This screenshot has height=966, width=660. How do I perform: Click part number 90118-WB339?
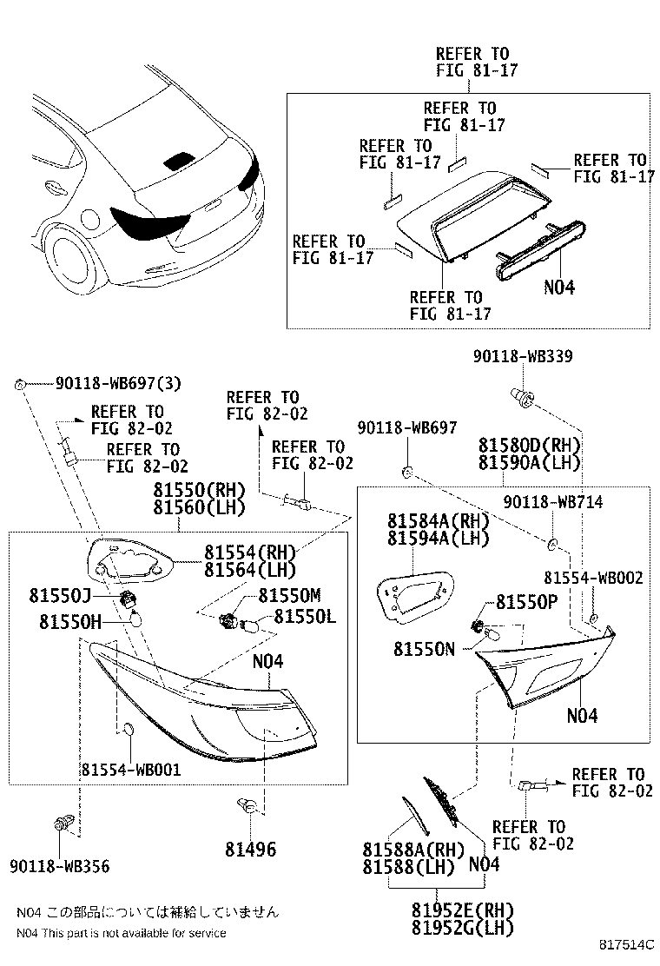523,357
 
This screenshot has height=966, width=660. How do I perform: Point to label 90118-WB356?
60,865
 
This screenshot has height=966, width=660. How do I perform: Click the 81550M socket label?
289,595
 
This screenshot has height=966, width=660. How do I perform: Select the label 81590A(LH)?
529,463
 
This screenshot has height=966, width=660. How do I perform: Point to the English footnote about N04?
122,932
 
